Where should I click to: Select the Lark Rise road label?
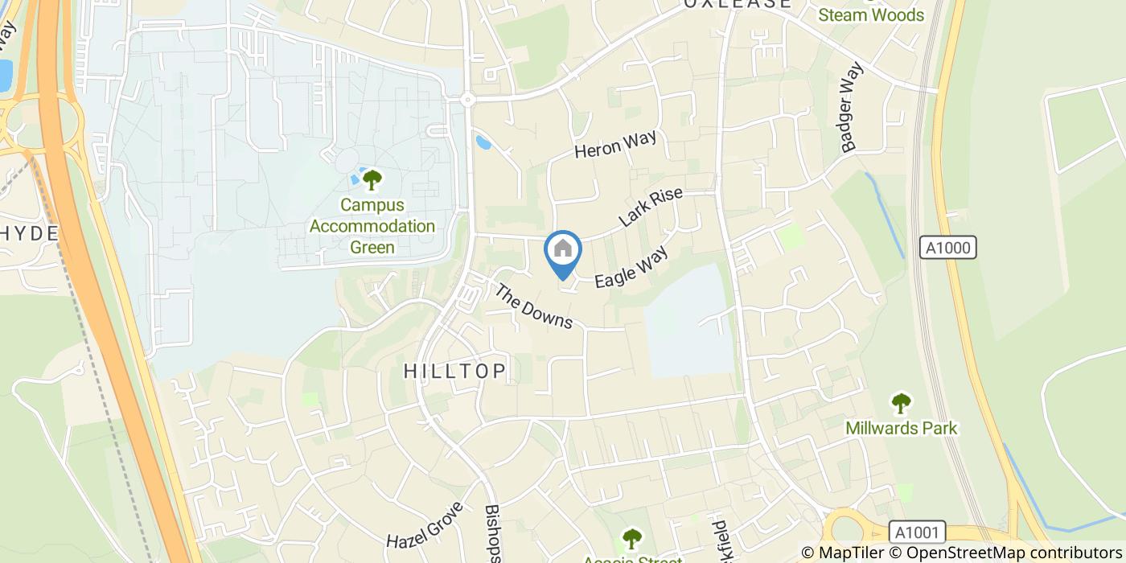click(x=651, y=207)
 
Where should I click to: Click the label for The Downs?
click(x=532, y=307)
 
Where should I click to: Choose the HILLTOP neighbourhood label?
click(x=455, y=371)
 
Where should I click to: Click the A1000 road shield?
click(x=950, y=248)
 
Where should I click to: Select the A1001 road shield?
click(x=918, y=532)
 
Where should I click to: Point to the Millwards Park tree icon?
click(x=901, y=401)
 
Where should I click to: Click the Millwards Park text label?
click(x=901, y=428)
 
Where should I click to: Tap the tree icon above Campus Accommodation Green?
click(x=372, y=179)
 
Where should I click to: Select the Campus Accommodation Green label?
click(x=372, y=226)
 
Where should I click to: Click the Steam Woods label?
click(x=871, y=14)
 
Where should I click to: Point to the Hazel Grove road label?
click(x=425, y=528)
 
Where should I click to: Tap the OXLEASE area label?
click(x=738, y=4)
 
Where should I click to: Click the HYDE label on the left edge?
click(x=30, y=233)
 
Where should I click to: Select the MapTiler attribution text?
click(x=844, y=553)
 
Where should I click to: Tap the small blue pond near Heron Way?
click(x=483, y=142)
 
